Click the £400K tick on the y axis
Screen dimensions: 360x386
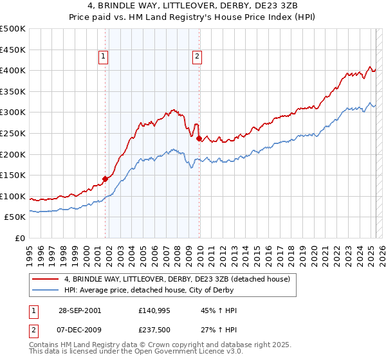click(13, 70)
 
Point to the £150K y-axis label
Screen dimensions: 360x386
click(13, 175)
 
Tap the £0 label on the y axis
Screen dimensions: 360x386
click(20, 238)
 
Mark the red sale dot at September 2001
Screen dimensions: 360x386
click(106, 179)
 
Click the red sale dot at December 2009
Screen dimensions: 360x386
click(199, 138)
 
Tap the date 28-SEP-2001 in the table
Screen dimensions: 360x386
click(79, 310)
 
